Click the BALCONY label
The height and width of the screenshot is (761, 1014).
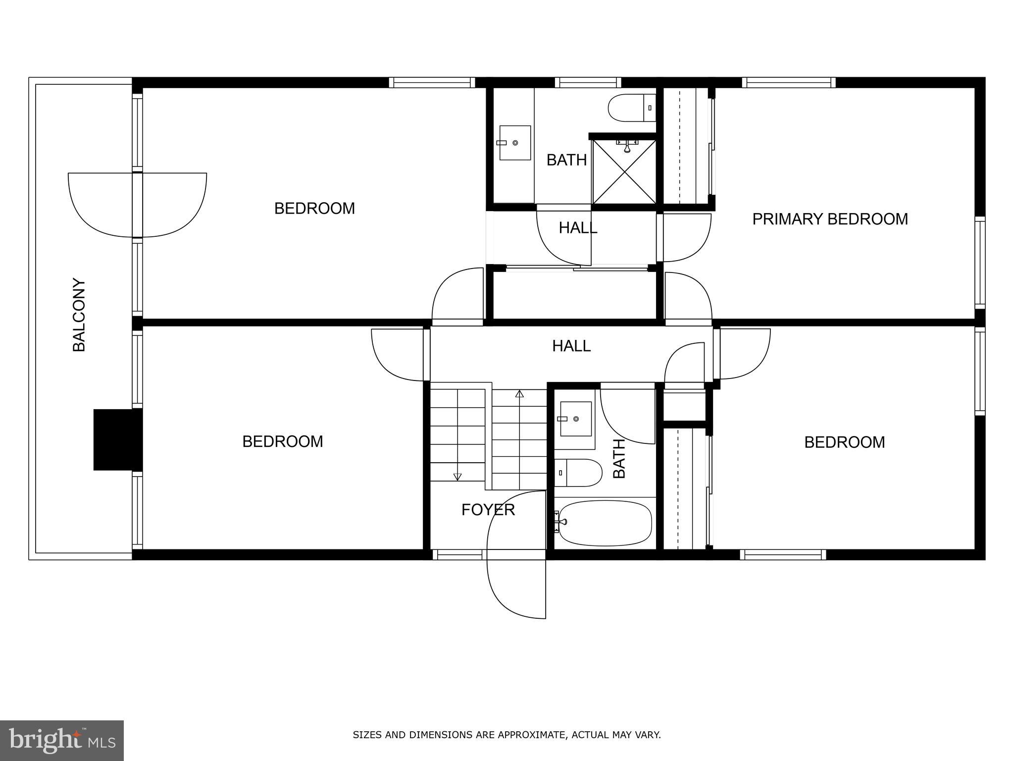[x=79, y=315]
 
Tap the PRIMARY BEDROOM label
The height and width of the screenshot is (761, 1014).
[x=830, y=219]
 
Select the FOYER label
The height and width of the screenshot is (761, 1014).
[x=488, y=509]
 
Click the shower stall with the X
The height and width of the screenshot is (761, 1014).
[x=624, y=172]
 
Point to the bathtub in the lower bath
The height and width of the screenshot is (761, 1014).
[x=605, y=523]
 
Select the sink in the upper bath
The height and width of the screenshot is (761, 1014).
[x=514, y=143]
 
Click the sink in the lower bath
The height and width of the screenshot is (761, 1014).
[x=575, y=419]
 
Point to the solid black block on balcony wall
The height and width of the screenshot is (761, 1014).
[x=118, y=439]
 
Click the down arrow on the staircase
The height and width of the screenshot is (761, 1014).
[x=457, y=477]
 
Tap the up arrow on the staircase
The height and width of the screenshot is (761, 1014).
[x=519, y=394]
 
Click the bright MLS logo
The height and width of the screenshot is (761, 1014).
[x=61, y=740]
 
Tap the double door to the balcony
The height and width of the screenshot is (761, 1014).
[x=137, y=205]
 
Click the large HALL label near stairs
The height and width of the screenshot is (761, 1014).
[x=571, y=346]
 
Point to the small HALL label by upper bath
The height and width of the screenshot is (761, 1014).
[x=578, y=228]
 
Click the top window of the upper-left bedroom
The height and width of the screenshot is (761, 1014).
[x=431, y=83]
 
